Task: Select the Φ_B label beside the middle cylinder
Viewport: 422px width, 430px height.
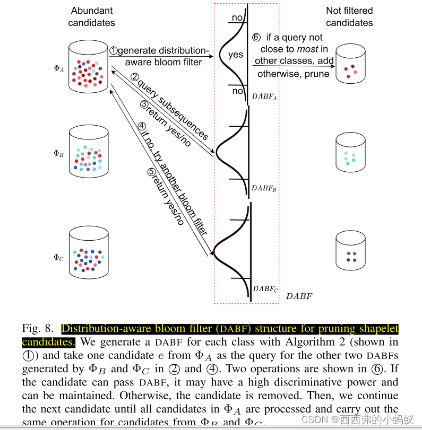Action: (58, 154)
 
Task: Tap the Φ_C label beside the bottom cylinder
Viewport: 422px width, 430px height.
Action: (58, 258)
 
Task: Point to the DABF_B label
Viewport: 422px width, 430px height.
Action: (264, 189)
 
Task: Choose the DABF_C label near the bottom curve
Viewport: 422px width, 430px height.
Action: (265, 289)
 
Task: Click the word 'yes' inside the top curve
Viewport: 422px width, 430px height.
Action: (236, 55)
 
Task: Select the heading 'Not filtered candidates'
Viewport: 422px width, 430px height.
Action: (349, 16)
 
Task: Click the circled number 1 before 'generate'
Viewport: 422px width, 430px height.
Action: (114, 51)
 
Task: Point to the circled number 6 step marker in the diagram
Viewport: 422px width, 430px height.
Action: (257, 38)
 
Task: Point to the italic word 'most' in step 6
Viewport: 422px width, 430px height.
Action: (307, 49)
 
